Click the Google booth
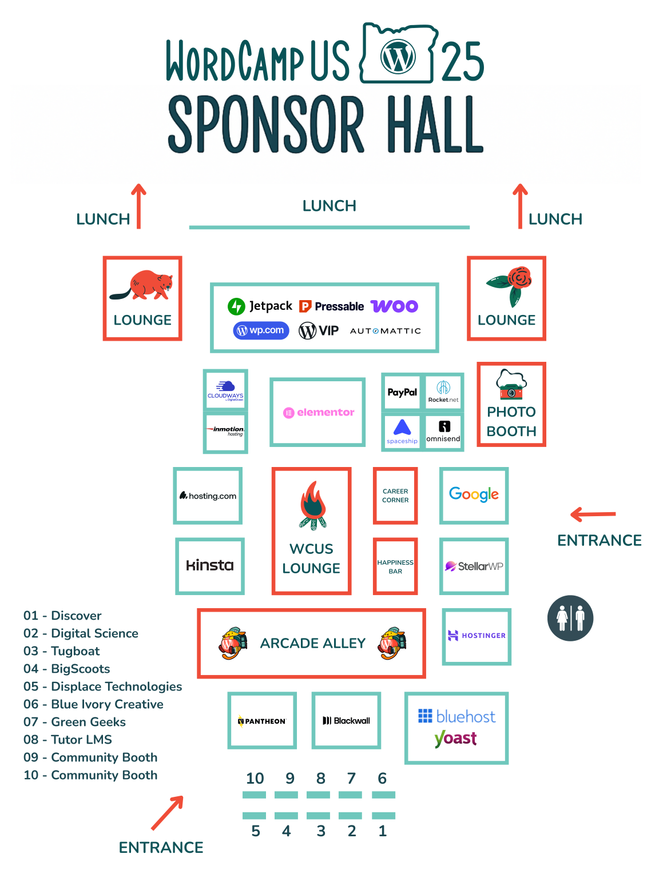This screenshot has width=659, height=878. [x=474, y=495]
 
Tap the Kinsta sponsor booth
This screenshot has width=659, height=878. [x=210, y=566]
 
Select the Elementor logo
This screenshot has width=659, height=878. [x=319, y=412]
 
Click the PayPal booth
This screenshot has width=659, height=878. [x=402, y=392]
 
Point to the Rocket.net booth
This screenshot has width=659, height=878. [x=443, y=392]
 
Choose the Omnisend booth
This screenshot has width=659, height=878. [x=443, y=432]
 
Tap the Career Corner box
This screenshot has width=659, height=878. [x=395, y=496]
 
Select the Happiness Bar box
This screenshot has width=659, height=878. [x=395, y=566]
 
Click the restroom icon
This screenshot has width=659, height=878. [x=570, y=618]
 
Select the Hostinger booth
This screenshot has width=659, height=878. [x=477, y=636]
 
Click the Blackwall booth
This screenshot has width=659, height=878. [x=346, y=721]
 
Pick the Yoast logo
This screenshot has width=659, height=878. [x=455, y=739]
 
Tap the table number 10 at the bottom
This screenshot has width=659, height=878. [x=255, y=779]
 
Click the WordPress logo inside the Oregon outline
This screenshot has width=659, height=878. [x=398, y=57]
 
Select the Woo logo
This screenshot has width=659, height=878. [x=395, y=306]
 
